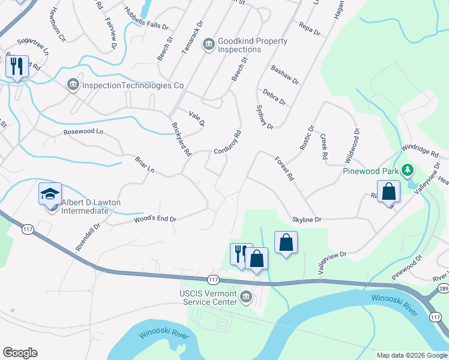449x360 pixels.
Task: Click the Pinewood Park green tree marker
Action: point(408,170)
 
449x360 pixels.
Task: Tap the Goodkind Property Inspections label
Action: point(252,45)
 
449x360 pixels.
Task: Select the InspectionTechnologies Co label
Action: point(132,85)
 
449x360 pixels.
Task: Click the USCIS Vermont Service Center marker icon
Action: point(246,296)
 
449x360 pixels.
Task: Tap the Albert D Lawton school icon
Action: point(51,194)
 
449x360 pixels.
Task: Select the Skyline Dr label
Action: point(307,220)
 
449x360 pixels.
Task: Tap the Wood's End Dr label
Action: point(155,220)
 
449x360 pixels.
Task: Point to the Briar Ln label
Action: point(145,165)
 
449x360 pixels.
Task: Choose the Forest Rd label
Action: point(284,169)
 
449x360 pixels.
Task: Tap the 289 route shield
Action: point(443,289)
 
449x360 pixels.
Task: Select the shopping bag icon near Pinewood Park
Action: point(389,192)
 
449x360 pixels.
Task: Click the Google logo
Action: point(20,353)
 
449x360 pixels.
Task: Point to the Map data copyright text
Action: point(412,355)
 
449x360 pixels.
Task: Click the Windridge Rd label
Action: point(420,149)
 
